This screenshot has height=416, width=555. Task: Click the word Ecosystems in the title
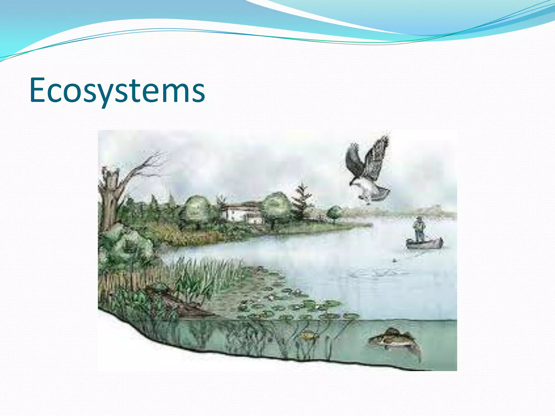point(117,91)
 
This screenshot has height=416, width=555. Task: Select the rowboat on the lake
point(424,243)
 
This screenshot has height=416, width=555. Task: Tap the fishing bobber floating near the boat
point(395,260)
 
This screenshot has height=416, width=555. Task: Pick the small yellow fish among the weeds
point(308,336)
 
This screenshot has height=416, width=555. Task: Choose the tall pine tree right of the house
point(301,202)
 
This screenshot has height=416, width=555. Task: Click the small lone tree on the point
point(334,213)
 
